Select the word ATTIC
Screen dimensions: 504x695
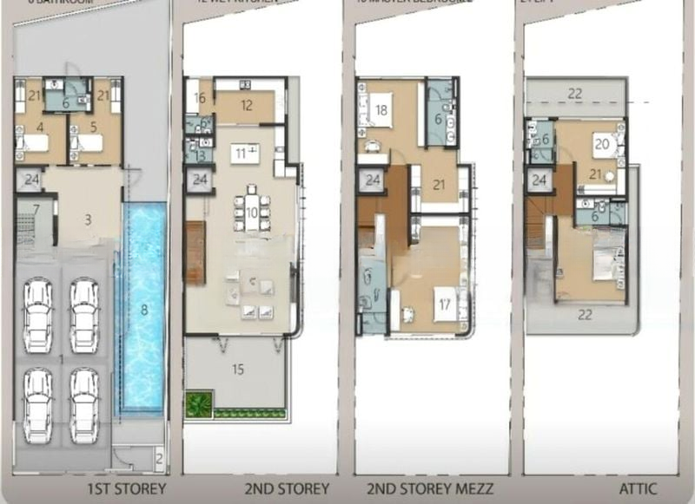point(638,488)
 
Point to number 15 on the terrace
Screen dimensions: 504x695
point(237,369)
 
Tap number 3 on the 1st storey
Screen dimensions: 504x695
point(88,219)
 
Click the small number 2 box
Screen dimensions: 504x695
point(159,456)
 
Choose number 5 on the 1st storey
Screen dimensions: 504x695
point(94,127)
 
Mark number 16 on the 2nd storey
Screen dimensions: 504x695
point(200,99)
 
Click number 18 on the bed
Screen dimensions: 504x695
point(381,110)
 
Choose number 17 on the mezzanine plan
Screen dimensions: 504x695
point(445,304)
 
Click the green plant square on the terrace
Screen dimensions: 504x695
point(199,404)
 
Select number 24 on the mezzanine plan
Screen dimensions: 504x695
point(372,180)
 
